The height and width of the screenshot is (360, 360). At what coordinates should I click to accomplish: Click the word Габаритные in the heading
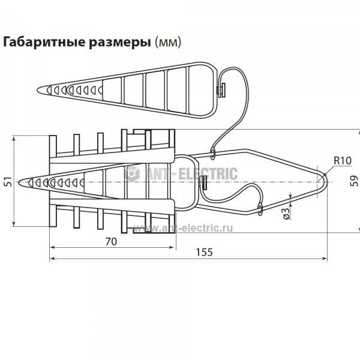pyautogui.click(x=44, y=42)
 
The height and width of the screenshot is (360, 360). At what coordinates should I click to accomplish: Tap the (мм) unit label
pyautogui.click(x=168, y=43)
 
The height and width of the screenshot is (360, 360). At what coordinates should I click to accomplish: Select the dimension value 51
pyautogui.click(x=8, y=182)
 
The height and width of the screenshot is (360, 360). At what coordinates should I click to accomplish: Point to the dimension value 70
pyautogui.click(x=111, y=242)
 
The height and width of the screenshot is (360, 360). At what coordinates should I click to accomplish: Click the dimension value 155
pyautogui.click(x=205, y=252)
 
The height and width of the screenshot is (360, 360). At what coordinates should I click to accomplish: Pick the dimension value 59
pyautogui.click(x=354, y=181)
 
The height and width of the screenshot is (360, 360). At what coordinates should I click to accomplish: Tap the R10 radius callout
pyautogui.click(x=343, y=160)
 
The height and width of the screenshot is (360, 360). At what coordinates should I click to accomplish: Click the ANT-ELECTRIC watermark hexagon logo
pyautogui.click(x=132, y=173)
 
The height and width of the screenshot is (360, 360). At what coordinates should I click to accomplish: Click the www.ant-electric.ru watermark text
pyautogui.click(x=183, y=228)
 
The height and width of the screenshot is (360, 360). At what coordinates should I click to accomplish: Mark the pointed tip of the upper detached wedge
pyautogui.click(x=38, y=90)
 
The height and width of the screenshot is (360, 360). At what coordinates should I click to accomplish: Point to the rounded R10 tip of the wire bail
pyautogui.click(x=326, y=182)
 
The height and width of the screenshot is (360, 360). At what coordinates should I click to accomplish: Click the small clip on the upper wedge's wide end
pyautogui.click(x=221, y=90)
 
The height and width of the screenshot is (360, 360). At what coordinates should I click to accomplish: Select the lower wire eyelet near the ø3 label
pyautogui.click(x=260, y=209)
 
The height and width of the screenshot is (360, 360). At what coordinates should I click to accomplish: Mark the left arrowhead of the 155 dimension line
pyautogui.click(x=52, y=259)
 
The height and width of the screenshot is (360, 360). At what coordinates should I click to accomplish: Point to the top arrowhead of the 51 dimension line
pyautogui.click(x=14, y=139)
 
